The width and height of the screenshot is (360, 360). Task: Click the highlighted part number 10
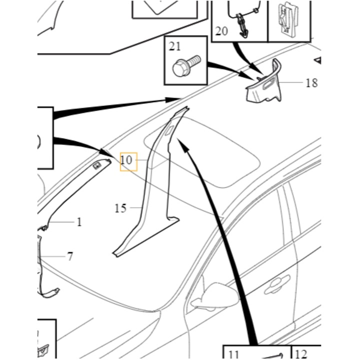point(127,161)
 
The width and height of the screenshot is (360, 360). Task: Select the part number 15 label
point(120,208)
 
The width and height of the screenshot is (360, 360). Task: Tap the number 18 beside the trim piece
point(311,82)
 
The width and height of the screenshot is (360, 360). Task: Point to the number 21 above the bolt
point(174,47)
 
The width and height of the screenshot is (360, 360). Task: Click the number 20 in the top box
point(221,31)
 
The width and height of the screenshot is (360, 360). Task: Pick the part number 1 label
point(79,222)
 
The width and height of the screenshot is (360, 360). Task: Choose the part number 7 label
point(70,256)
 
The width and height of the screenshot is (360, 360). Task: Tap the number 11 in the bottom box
point(232,354)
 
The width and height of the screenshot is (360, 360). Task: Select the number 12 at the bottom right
point(301,354)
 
